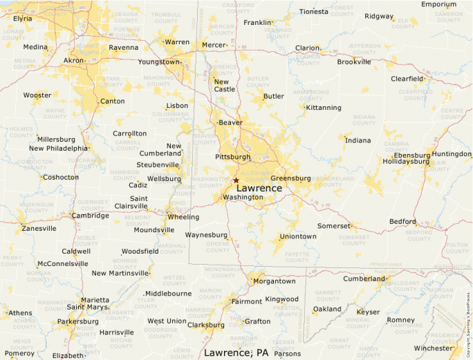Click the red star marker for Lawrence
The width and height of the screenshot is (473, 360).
(x=236, y=180)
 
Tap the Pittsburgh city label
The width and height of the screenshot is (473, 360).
(x=233, y=157)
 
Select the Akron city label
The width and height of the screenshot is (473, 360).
(x=73, y=61)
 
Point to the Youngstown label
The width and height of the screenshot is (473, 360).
(x=158, y=61)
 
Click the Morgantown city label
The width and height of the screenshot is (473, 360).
(x=275, y=281)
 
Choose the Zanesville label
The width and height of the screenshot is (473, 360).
(x=39, y=228)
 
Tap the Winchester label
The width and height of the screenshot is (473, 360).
(x=433, y=348)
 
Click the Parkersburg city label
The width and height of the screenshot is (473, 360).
(x=77, y=321)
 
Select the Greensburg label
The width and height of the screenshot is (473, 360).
(x=290, y=178)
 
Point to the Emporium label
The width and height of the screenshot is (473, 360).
(x=439, y=4)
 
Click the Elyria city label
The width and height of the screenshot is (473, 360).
(x=23, y=19)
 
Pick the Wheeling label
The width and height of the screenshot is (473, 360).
(x=183, y=217)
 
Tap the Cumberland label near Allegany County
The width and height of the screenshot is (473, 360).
(x=363, y=279)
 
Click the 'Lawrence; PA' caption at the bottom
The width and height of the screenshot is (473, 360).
(x=236, y=353)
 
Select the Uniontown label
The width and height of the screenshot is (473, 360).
(x=298, y=236)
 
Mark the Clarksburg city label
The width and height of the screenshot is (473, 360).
(x=206, y=325)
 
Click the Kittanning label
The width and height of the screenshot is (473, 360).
(x=324, y=108)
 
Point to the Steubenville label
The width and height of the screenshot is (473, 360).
(x=158, y=164)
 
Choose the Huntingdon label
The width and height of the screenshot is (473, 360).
(x=452, y=154)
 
